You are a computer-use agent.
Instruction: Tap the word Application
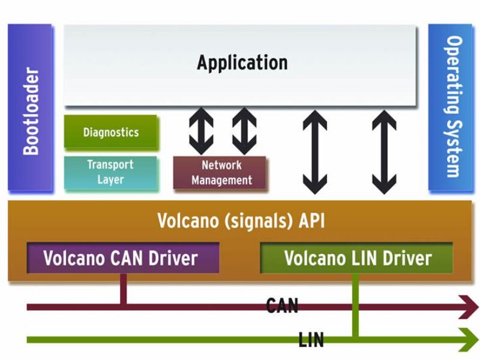pyautogui.click(x=242, y=62)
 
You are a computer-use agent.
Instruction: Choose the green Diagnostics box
pyautogui.click(x=111, y=132)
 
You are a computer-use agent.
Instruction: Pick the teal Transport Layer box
pyautogui.click(x=111, y=172)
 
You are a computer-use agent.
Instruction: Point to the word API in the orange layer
pyautogui.click(x=311, y=220)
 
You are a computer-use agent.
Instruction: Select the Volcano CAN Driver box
pyautogui.click(x=121, y=258)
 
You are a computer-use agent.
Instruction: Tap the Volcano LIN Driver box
pyautogui.click(x=357, y=258)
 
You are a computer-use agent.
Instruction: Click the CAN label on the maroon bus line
pyautogui.click(x=282, y=307)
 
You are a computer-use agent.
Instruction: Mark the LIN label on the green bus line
pyautogui.click(x=311, y=341)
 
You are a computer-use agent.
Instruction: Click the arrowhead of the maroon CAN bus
pyautogui.click(x=468, y=307)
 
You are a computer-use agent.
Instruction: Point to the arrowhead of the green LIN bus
pyautogui.click(x=468, y=340)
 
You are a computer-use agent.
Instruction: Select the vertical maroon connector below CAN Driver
pyautogui.click(x=124, y=289)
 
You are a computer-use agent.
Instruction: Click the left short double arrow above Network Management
pyautogui.click(x=201, y=131)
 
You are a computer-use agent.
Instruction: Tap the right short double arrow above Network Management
pyautogui.click(x=244, y=131)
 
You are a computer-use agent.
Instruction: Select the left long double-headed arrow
pyautogui.click(x=314, y=152)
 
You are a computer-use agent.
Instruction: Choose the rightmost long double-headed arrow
pyautogui.click(x=384, y=152)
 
